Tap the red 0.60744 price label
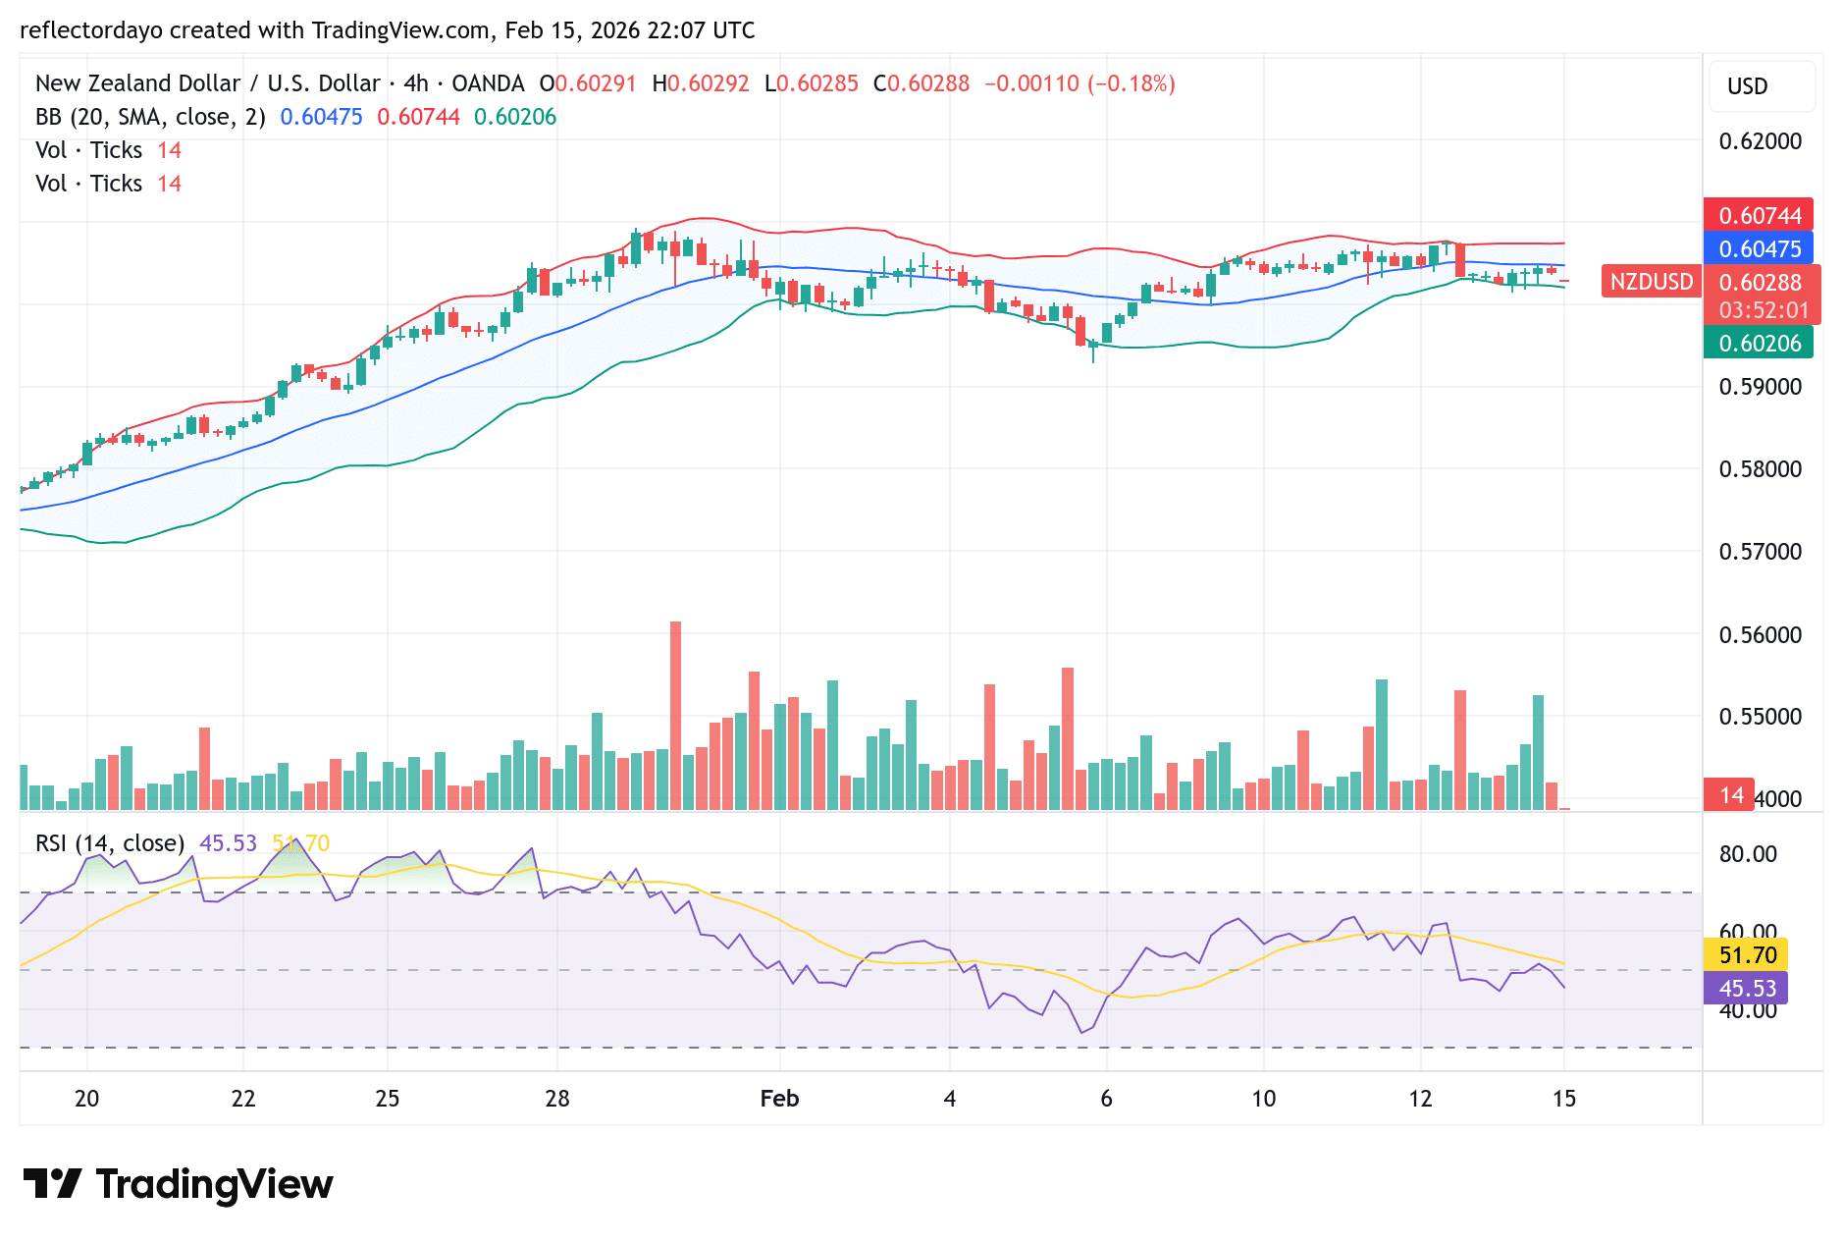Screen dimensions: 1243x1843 coord(1759,215)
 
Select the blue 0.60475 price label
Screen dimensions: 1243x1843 coord(1759,248)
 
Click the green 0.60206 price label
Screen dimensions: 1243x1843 coord(1759,343)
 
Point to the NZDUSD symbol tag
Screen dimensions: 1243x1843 coord(1651,282)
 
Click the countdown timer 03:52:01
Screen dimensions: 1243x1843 coord(1763,310)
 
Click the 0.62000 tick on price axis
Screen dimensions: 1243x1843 coord(1760,141)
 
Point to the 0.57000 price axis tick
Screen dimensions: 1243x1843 coord(1760,552)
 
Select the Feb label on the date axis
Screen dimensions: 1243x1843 coord(779,1099)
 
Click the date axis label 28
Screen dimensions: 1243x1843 coord(557,1099)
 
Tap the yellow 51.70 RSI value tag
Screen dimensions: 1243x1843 coord(1747,954)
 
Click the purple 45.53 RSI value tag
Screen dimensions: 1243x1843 coord(1747,988)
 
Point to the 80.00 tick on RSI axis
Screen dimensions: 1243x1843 coord(1747,854)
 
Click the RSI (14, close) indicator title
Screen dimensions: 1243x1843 coord(110,843)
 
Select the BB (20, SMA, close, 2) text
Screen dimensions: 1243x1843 coord(150,117)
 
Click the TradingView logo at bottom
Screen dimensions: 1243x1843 coord(179,1184)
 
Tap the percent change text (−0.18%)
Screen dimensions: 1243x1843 coord(1132,83)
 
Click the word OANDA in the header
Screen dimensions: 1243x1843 coord(488,83)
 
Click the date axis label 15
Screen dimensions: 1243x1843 coord(1563,1099)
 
